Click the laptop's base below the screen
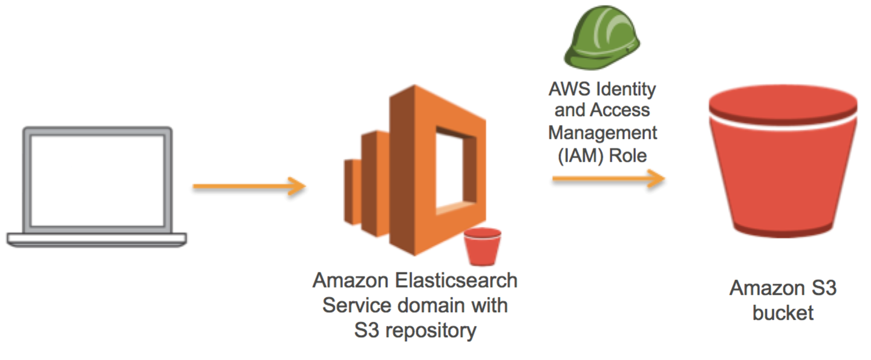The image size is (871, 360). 97,238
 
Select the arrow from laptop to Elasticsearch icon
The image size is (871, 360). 248,186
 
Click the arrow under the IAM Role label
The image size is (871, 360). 607,180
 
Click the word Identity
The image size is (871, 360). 627,89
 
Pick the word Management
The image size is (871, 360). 602,133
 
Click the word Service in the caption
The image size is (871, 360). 354,306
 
